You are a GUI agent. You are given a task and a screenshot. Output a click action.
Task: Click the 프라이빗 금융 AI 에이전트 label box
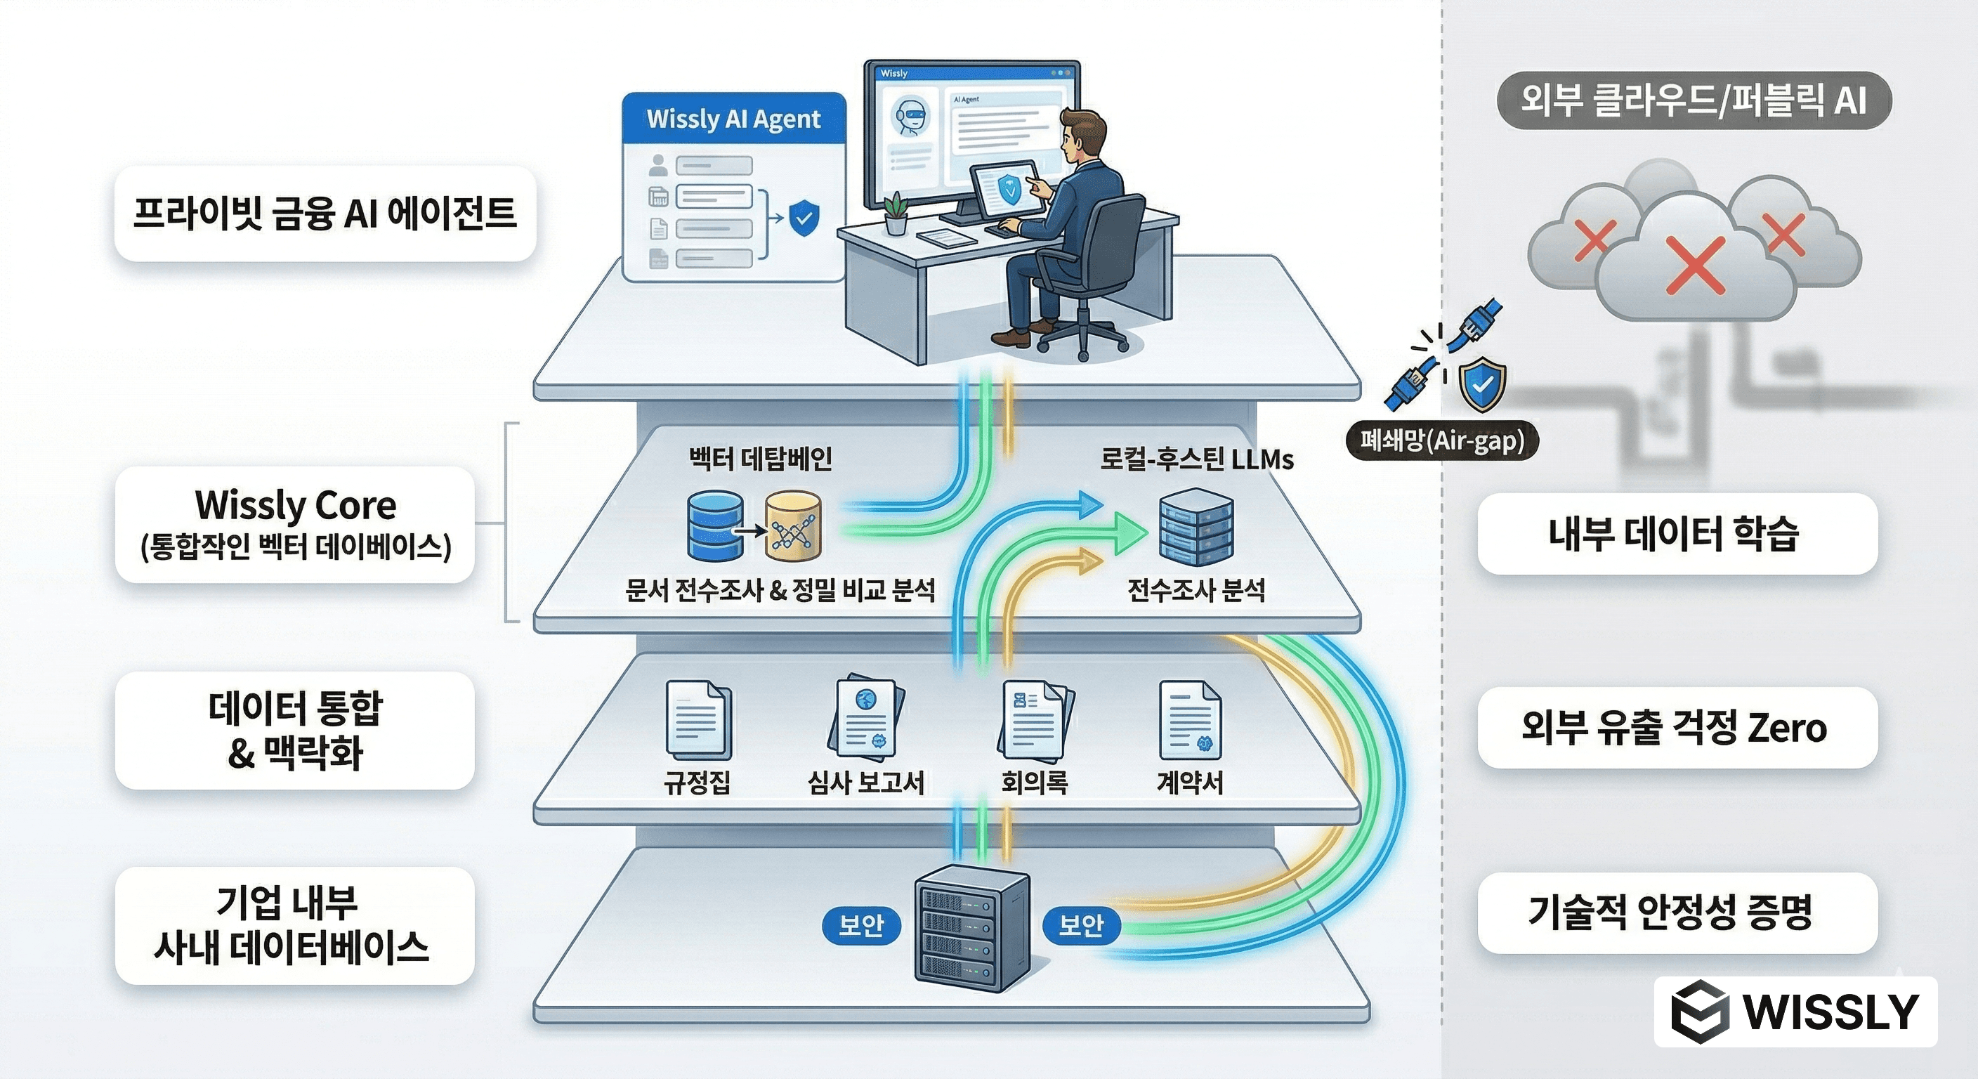pyautogui.click(x=324, y=214)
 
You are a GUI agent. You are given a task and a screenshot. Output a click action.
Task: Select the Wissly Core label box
pyautogui.click(x=295, y=525)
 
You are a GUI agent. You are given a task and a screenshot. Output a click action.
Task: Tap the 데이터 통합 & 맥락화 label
pyautogui.click(x=295, y=731)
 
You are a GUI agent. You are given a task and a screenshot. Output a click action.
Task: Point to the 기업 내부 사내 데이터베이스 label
pyautogui.click(x=295, y=925)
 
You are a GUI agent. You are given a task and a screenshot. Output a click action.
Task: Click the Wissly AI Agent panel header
pyautogui.click(x=733, y=119)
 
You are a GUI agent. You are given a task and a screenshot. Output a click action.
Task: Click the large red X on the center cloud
pyautogui.click(x=1696, y=266)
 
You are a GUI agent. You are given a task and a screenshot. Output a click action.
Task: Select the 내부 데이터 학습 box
pyautogui.click(x=1677, y=534)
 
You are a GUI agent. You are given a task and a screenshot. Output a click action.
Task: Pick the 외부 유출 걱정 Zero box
pyautogui.click(x=1677, y=727)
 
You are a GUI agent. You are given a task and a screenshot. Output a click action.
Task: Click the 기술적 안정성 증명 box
pyautogui.click(x=1677, y=913)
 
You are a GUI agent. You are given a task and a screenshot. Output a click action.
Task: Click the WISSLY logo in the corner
pyautogui.click(x=1795, y=1012)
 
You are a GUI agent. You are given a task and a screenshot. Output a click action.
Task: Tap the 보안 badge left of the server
pyautogui.click(x=860, y=925)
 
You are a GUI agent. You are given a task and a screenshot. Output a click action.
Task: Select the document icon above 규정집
pyautogui.click(x=697, y=720)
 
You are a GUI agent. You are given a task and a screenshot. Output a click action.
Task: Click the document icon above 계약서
pyautogui.click(x=1190, y=720)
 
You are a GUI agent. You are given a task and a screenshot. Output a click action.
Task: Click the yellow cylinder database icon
pyautogui.click(x=793, y=527)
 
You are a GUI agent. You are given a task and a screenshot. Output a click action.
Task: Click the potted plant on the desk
pyautogui.click(x=895, y=214)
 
